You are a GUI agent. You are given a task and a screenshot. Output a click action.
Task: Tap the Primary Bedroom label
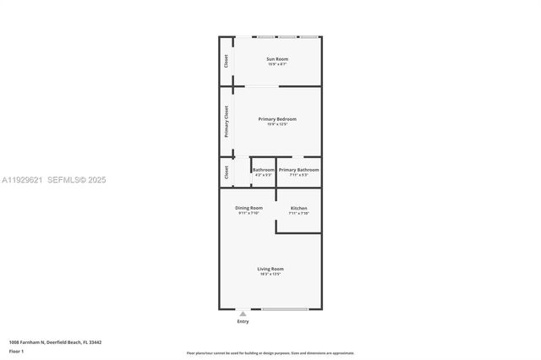277,119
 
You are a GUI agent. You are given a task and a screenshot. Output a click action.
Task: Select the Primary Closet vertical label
227,122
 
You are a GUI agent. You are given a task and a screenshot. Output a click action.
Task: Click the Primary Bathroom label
298,170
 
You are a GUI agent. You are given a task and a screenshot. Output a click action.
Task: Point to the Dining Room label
249,208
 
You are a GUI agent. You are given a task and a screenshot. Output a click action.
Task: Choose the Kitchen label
298,208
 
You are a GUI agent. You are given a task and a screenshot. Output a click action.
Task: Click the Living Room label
270,269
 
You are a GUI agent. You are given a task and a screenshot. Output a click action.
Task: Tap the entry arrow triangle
243,314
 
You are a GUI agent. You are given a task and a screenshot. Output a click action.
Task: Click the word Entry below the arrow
243,321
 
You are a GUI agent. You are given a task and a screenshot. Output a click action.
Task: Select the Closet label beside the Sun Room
227,61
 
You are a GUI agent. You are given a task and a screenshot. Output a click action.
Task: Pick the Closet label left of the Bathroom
227,172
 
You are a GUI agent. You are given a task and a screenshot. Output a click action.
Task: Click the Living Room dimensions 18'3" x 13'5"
270,275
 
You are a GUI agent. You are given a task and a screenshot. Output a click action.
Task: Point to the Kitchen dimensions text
298,214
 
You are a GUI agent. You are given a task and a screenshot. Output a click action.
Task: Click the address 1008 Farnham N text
55,342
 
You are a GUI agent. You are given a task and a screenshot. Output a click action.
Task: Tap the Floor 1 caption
16,350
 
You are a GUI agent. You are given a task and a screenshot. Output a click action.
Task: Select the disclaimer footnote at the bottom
270,353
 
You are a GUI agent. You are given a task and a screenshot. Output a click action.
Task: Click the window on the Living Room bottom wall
285,308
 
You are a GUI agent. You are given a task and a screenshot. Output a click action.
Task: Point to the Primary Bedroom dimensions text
277,125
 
